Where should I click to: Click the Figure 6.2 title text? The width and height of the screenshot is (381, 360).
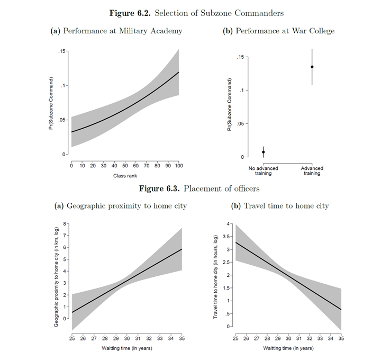pos(190,12)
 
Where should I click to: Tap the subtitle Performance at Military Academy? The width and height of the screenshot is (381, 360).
pos(116,31)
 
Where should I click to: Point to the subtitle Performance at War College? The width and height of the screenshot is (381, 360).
pos(279,31)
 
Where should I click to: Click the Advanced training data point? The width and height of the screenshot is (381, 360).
pos(312,67)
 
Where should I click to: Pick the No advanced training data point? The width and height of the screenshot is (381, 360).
pos(264,152)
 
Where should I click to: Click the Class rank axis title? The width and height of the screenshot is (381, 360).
pos(125,175)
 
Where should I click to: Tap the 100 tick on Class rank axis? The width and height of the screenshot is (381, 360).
pos(179,165)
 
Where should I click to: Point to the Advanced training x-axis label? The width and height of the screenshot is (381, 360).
pos(312,171)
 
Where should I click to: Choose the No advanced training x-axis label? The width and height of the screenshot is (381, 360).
pos(264,171)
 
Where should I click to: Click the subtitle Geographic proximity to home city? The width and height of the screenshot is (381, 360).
pos(121,206)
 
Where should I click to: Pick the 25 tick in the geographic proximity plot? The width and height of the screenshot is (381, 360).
pos(72,337)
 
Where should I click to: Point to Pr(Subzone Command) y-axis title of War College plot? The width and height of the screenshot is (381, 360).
pos(230,105)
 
